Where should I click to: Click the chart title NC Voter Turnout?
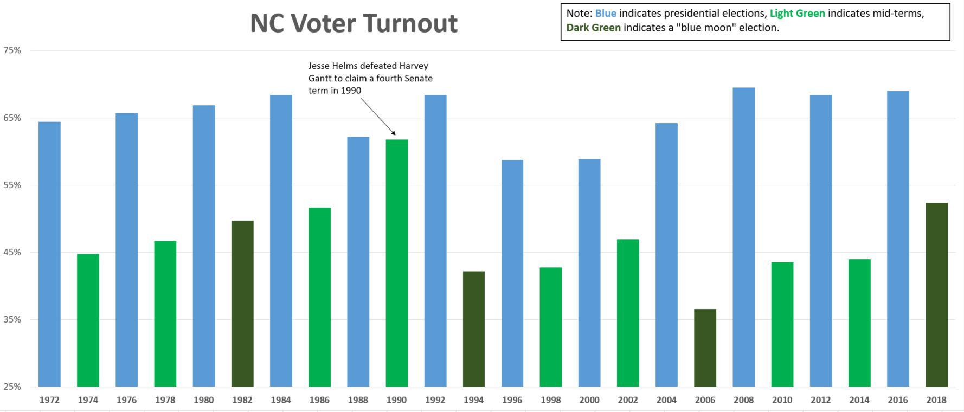354,23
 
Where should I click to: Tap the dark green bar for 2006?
705,347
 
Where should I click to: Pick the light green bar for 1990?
397,263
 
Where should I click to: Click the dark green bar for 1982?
242,304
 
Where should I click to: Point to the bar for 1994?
474,329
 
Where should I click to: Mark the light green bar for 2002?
628,313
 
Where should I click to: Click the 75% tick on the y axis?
12,50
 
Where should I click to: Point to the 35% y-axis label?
12,319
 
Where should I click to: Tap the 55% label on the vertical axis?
12,185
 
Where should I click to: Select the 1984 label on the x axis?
281,400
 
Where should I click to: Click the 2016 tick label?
898,400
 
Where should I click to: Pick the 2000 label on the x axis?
589,400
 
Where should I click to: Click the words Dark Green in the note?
594,28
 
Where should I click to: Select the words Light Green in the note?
797,14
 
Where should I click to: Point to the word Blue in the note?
606,14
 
